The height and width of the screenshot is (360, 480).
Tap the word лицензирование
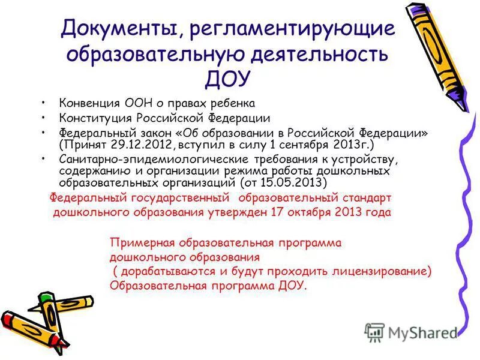[373, 271]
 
